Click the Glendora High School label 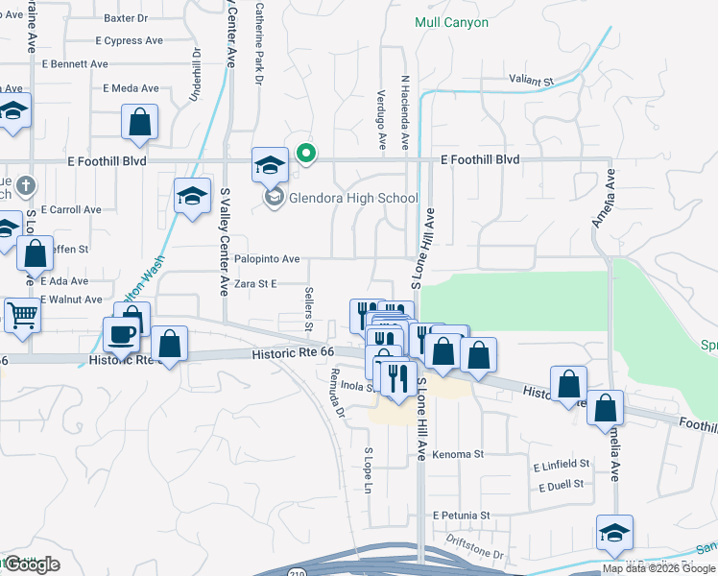click(354, 199)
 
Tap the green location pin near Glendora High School click(306, 154)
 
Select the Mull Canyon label click(451, 22)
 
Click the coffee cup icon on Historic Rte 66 click(122, 336)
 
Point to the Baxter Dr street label click(126, 17)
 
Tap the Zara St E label click(255, 284)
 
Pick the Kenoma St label click(457, 454)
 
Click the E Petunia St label click(461, 516)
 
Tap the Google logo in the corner click(32, 564)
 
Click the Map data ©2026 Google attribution click(658, 568)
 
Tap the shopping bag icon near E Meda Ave click(139, 122)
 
